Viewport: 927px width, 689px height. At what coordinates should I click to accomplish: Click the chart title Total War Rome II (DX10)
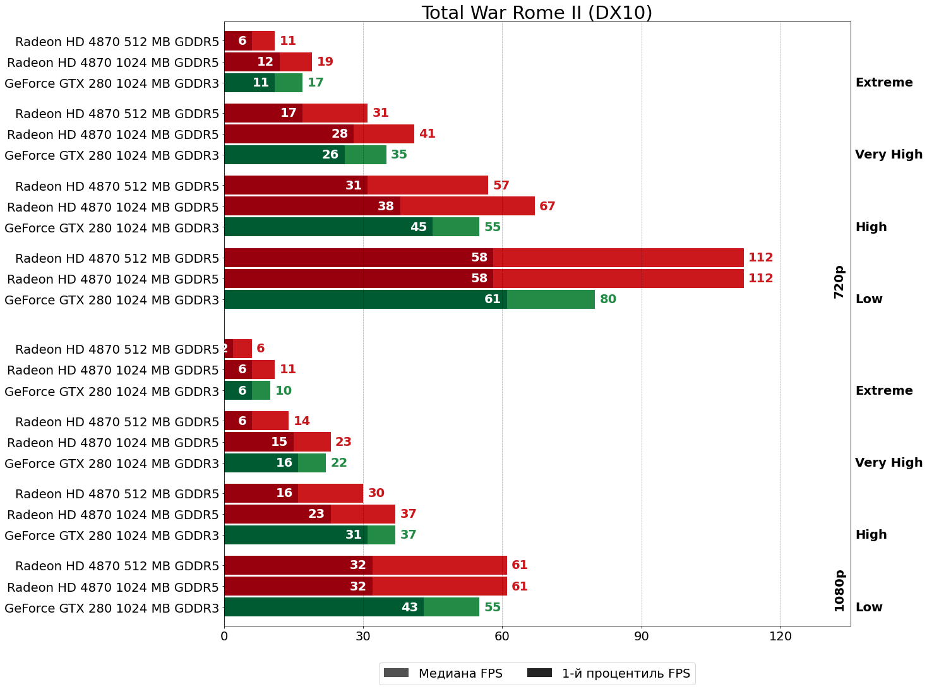[x=537, y=13]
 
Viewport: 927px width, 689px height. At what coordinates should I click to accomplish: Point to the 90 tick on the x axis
[x=642, y=636]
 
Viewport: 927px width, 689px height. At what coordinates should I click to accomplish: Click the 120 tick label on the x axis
[x=780, y=636]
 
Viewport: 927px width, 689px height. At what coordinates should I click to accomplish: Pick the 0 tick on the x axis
[x=224, y=636]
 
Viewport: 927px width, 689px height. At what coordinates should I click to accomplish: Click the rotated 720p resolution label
[x=839, y=282]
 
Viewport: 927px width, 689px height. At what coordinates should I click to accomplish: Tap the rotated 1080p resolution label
[x=839, y=590]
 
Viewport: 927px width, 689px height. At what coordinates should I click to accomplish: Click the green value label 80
[x=608, y=299]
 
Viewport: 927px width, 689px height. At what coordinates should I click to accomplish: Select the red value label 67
[x=547, y=207]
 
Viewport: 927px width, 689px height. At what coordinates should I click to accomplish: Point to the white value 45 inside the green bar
[x=419, y=227]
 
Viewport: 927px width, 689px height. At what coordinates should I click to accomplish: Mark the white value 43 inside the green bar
[x=410, y=608]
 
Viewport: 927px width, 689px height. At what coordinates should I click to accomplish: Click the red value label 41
[x=428, y=134]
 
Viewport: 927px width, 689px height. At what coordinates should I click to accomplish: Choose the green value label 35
[x=399, y=155]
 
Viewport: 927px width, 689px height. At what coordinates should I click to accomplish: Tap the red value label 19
[x=325, y=62]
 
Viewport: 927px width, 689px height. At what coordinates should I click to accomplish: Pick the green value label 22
[x=339, y=463]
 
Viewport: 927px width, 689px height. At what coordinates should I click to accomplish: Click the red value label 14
[x=302, y=421]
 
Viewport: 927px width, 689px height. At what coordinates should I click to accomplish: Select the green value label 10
[x=284, y=391]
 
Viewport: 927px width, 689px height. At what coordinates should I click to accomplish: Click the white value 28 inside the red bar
[x=340, y=134]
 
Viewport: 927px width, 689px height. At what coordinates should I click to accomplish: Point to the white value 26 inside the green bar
[x=330, y=155]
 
